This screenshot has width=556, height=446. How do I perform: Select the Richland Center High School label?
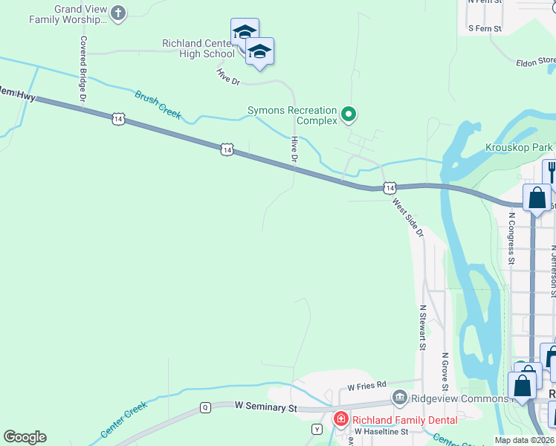[x=198, y=48]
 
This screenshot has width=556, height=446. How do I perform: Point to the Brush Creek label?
[x=158, y=105]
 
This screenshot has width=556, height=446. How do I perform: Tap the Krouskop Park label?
[x=519, y=148]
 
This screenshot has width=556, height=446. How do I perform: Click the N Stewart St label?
[x=422, y=327]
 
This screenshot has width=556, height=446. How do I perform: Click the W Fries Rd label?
[x=367, y=386]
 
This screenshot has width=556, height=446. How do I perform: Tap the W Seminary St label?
[x=265, y=407]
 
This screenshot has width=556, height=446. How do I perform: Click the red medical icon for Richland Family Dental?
[x=341, y=419]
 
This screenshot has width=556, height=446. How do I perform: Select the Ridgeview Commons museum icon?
[x=400, y=398]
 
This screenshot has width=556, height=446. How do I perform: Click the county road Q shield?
[x=205, y=407]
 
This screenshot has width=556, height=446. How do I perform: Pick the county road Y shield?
[x=317, y=429]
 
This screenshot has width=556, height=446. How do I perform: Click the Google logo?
[x=25, y=437]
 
